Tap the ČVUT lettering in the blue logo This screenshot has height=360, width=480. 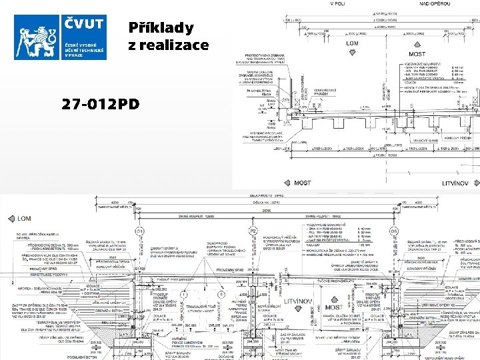click(84, 25)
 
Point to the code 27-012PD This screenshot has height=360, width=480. click(100, 104)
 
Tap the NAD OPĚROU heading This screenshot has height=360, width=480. click(434, 3)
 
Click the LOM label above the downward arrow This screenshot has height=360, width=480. click(353, 43)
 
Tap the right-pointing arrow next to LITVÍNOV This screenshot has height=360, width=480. click(475, 183)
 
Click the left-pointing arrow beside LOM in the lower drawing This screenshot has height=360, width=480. click(9, 218)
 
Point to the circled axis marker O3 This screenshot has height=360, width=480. click(395, 231)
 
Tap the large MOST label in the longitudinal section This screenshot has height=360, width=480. click(335, 309)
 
